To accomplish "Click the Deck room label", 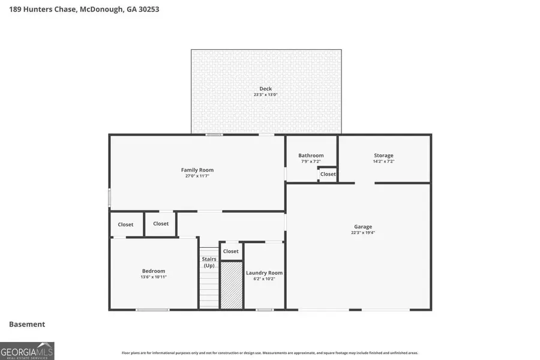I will pos(265,89).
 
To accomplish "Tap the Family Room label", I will pos(197,170).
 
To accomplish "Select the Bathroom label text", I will pos(311,155).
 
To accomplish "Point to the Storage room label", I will pos(383,155).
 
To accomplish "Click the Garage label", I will pos(362,227).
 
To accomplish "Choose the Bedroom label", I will pos(153,271).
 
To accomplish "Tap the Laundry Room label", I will pos(264,273).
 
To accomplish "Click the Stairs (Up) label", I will pos(209,262).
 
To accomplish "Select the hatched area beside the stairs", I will pos(231,285).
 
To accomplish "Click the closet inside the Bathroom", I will pos(328,174).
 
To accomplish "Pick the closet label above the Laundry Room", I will pos(230,251).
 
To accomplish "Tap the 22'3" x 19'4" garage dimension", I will pos(362,233).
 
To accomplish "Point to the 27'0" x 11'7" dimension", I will pos(197,176).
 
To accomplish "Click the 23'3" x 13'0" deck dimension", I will pos(265,95).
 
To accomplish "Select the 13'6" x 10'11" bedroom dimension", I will pos(153,277).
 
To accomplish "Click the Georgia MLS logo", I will pos(27,350).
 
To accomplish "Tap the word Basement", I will pos(27,324).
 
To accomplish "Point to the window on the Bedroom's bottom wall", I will pos(152,310).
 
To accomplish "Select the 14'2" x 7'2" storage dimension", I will pos(383,161).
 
